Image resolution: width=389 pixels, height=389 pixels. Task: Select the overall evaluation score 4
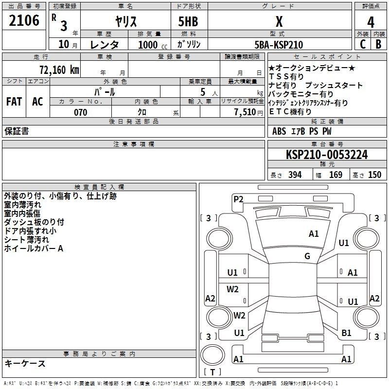(x=371, y=22)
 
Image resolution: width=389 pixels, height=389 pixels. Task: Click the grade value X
(x=279, y=22)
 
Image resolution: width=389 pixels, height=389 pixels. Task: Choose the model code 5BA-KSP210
(x=279, y=45)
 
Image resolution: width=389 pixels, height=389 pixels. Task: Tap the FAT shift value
(x=14, y=102)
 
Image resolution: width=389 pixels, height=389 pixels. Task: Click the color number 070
(x=80, y=112)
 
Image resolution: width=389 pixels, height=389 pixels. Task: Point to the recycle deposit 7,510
(x=245, y=112)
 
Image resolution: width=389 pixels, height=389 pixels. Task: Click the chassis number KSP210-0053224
(x=326, y=155)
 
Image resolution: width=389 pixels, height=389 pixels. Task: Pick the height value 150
(x=374, y=175)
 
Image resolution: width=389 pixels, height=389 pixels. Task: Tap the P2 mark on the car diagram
(x=238, y=199)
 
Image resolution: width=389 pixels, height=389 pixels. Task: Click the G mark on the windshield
(x=307, y=256)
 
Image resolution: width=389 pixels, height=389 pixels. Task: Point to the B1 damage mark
(x=346, y=333)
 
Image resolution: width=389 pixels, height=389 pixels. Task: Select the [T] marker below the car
(x=212, y=372)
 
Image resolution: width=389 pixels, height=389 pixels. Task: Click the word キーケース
(x=25, y=364)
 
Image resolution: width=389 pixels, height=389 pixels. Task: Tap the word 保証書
(x=17, y=131)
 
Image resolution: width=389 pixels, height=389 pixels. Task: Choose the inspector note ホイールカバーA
(x=34, y=248)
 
